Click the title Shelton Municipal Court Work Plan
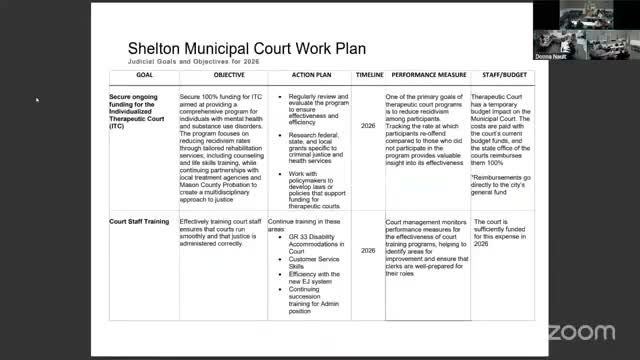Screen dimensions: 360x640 pyautogui.click(x=246, y=48)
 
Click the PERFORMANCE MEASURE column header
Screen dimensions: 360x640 pyautogui.click(x=426, y=75)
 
